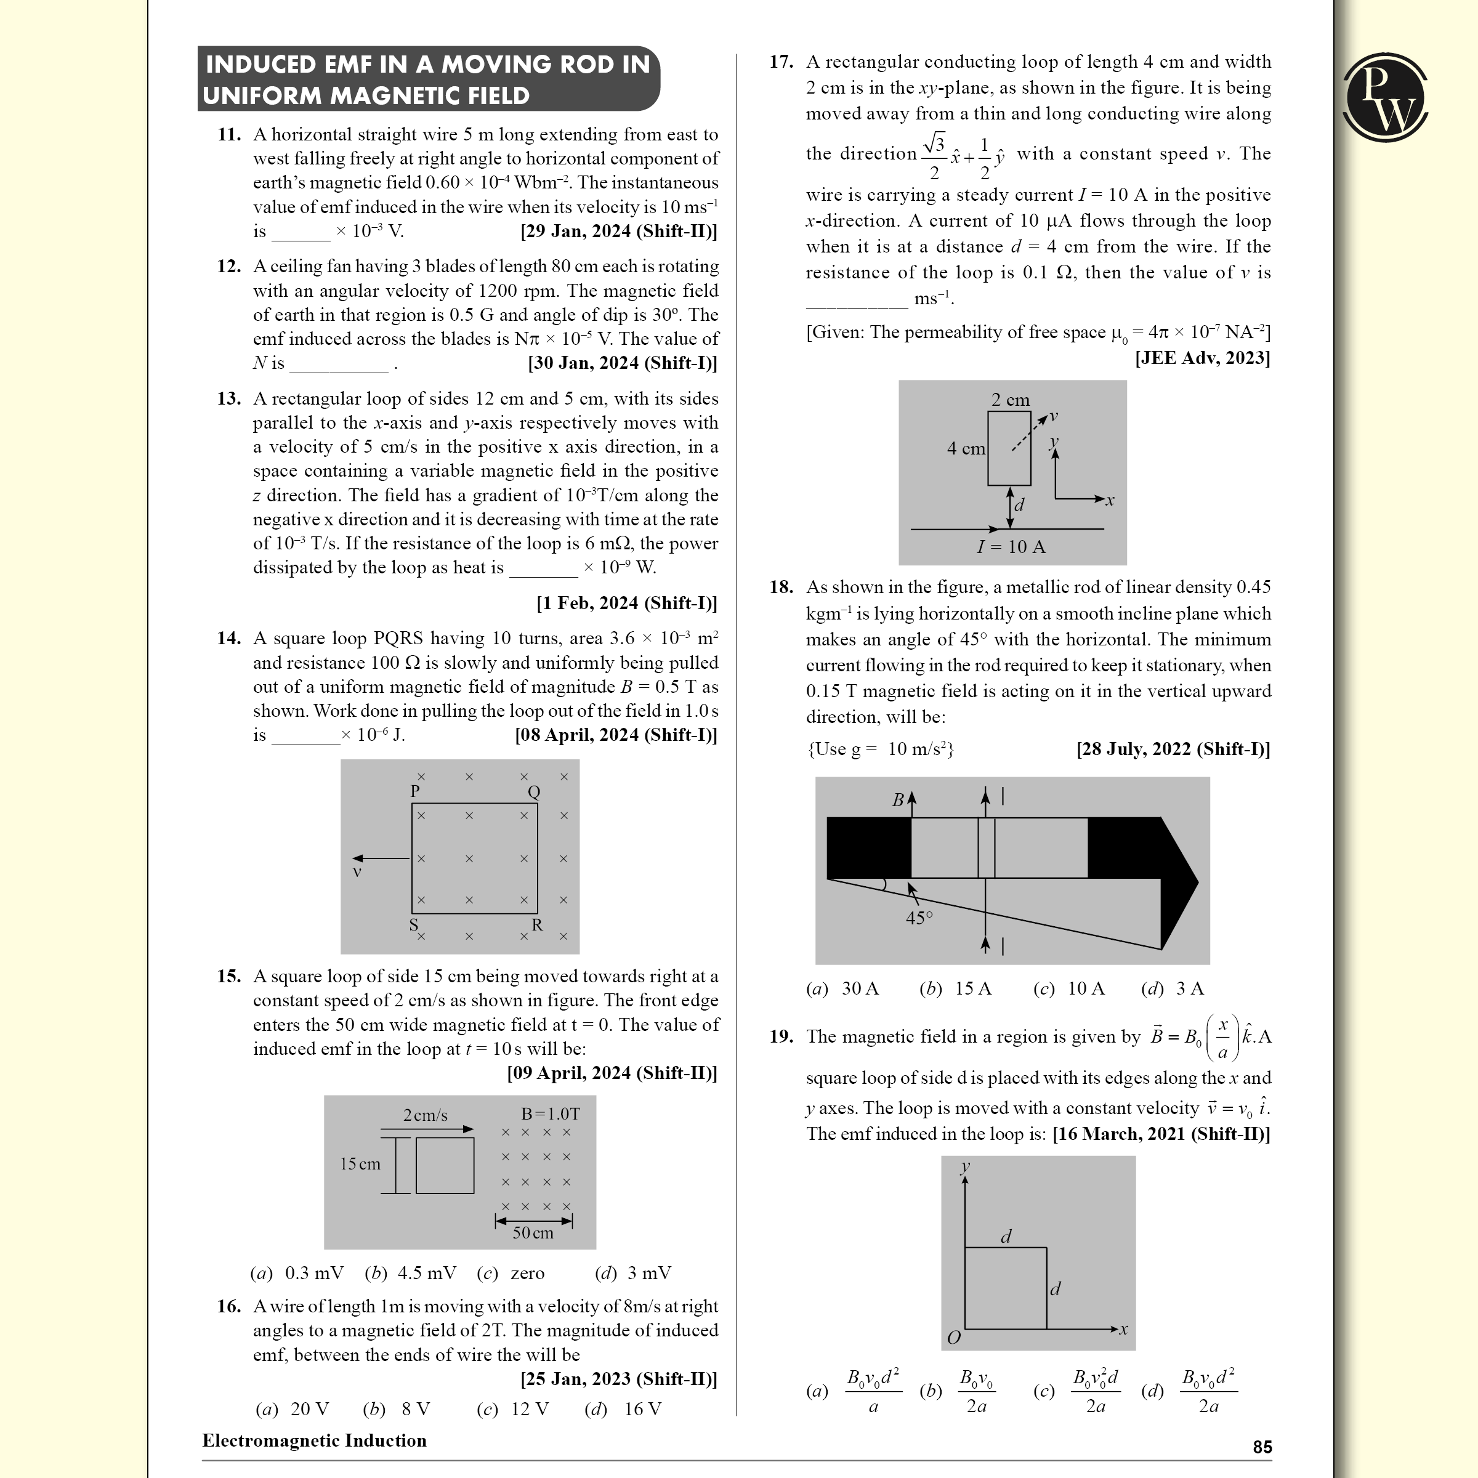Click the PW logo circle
coord(1386,97)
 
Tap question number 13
coord(228,398)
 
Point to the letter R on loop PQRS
coord(537,925)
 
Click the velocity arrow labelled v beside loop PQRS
coord(380,858)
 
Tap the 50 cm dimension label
coord(533,1232)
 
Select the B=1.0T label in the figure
coord(550,1114)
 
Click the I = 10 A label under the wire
coord(1011,547)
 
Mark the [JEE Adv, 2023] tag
coord(1202,358)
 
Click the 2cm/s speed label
coord(426,1115)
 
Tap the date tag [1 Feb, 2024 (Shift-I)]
coord(626,603)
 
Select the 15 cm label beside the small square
coord(360,1163)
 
